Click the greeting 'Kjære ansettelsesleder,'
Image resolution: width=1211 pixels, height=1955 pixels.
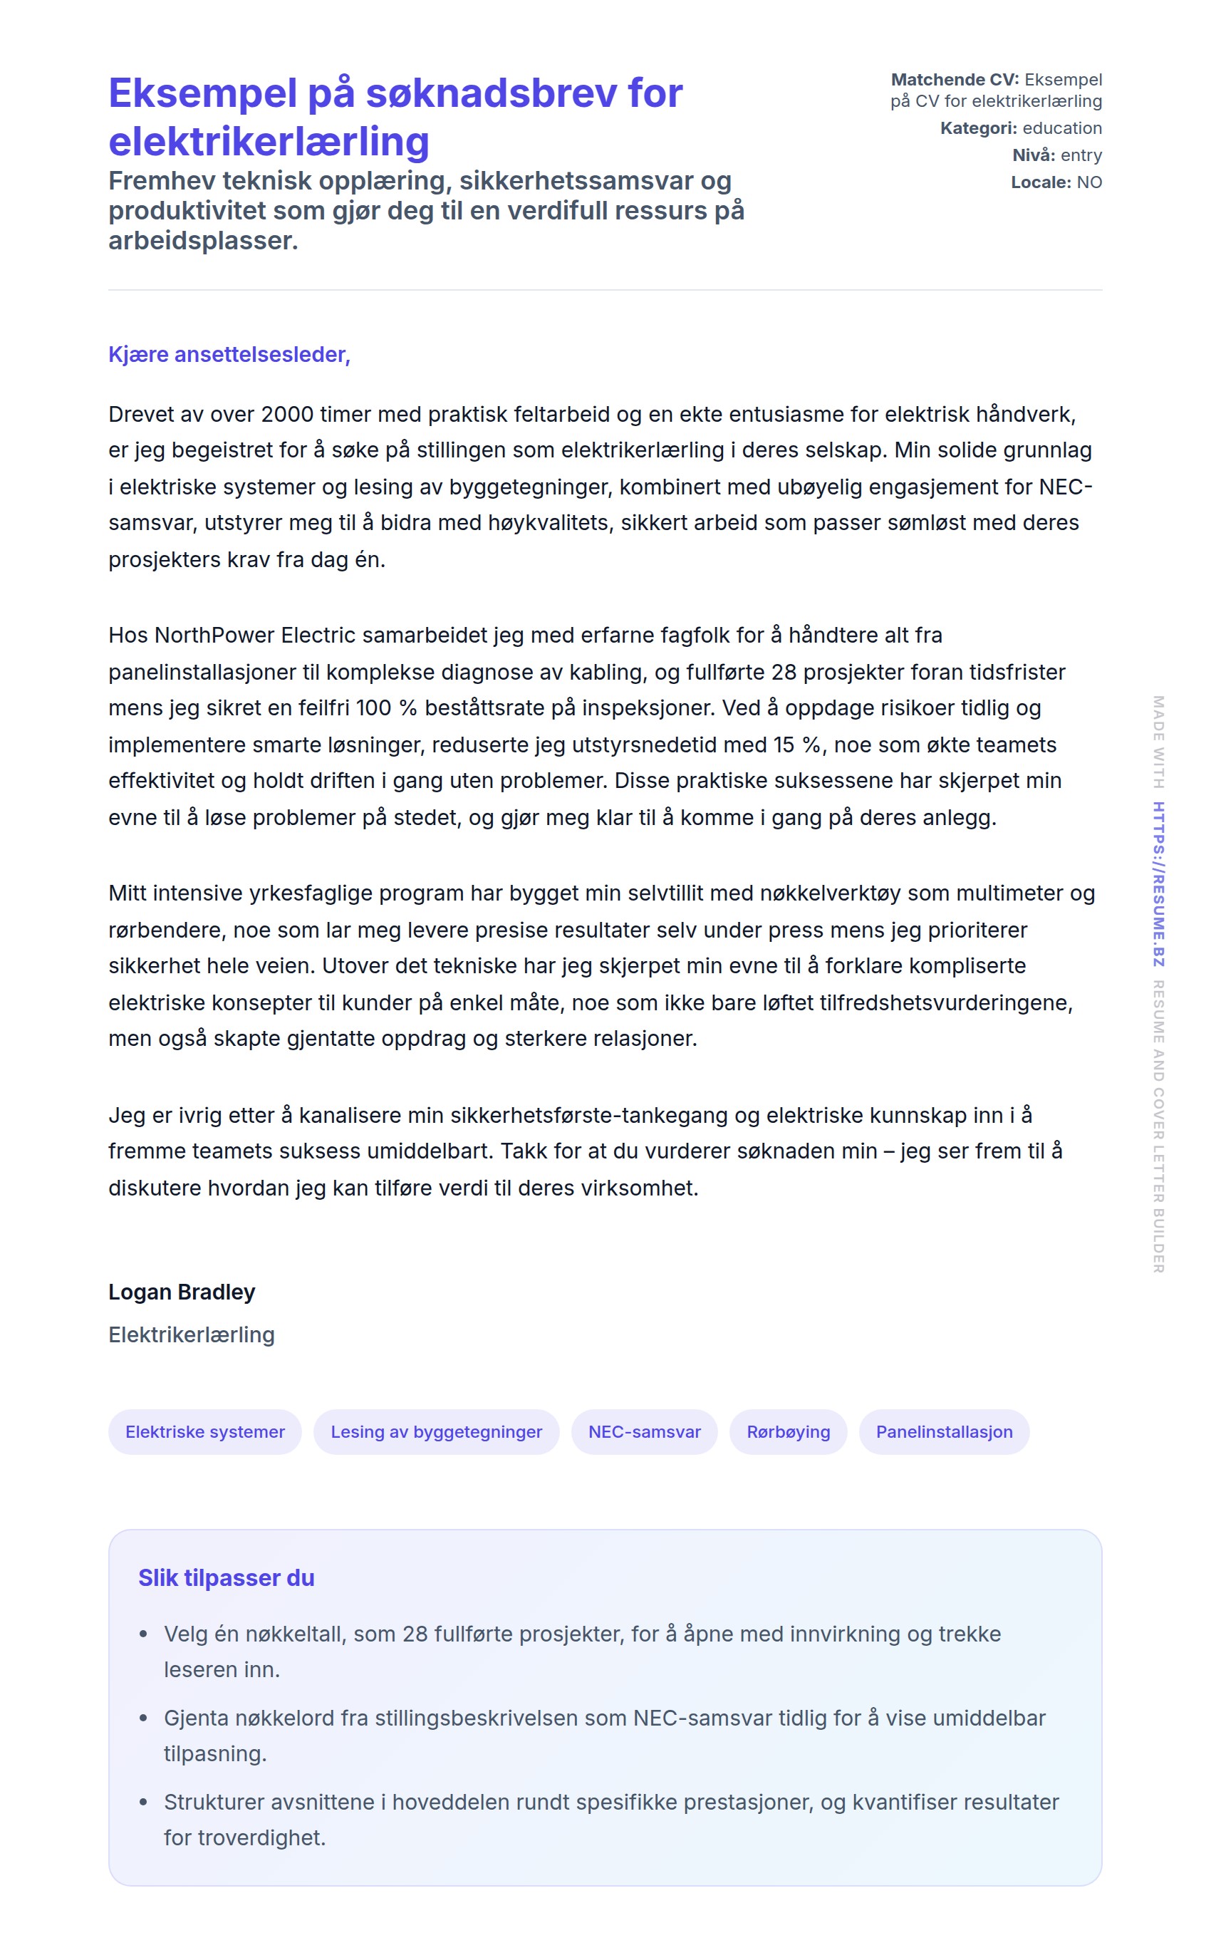229,355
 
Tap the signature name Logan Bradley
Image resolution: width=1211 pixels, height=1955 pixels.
182,1292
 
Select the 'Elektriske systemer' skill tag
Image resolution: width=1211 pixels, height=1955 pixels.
205,1431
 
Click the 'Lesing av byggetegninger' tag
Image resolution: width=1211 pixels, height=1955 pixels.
436,1431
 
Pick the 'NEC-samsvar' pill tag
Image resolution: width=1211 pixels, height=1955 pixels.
644,1431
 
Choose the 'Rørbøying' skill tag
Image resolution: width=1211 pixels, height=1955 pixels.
788,1431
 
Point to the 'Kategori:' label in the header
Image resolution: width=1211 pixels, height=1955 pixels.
978,128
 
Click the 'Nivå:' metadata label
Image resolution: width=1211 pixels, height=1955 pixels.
1033,155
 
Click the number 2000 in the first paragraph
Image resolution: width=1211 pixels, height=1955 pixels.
287,414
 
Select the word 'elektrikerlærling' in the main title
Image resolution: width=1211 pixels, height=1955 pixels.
269,142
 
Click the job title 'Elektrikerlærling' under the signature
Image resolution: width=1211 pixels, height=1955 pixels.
192,1334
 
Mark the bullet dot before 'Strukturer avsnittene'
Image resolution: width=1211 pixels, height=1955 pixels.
143,1802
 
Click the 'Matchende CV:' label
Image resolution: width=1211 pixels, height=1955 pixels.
955,80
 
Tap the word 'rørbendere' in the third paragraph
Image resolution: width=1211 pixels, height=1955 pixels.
164,930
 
